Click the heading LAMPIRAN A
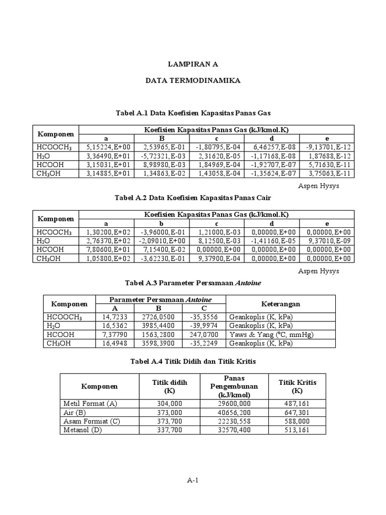tap(193, 64)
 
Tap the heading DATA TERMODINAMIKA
tap(193, 80)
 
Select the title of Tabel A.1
tap(193, 113)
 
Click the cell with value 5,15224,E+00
tap(106, 147)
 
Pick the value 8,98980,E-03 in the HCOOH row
tap(162, 165)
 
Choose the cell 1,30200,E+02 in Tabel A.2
tap(106, 231)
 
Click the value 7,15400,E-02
tap(162, 249)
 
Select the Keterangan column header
tap(280, 304)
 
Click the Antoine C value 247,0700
tap(204, 334)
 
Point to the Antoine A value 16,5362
tap(115, 325)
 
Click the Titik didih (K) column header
tap(169, 386)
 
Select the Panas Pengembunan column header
tap(234, 386)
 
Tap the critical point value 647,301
tap(297, 412)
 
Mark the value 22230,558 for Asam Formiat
tap(234, 421)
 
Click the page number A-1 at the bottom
tap(193, 480)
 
